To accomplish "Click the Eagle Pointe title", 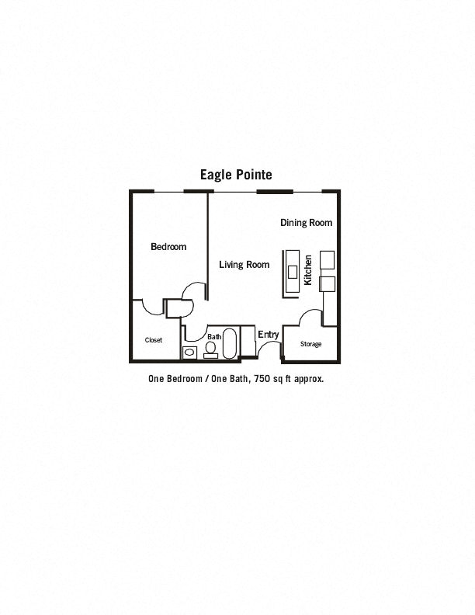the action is click(236, 175).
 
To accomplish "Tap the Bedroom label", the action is click(168, 247).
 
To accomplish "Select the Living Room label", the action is click(244, 265).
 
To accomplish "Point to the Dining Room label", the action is click(306, 223).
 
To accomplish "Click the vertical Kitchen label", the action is click(308, 270).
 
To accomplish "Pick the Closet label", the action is click(154, 340).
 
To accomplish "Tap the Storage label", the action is click(310, 344).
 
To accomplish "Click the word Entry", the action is click(269, 335).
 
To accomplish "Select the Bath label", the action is click(214, 336).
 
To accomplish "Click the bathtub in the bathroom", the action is click(230, 343).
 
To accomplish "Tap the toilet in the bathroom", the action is click(211, 350).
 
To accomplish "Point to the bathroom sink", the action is click(189, 353).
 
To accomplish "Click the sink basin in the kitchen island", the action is click(293, 272).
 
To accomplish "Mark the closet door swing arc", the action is click(151, 310).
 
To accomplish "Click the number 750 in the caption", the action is click(262, 379).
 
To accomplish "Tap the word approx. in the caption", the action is click(309, 379).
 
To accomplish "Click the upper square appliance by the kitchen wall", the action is click(328, 259).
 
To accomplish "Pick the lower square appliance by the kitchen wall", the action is click(328, 284).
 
